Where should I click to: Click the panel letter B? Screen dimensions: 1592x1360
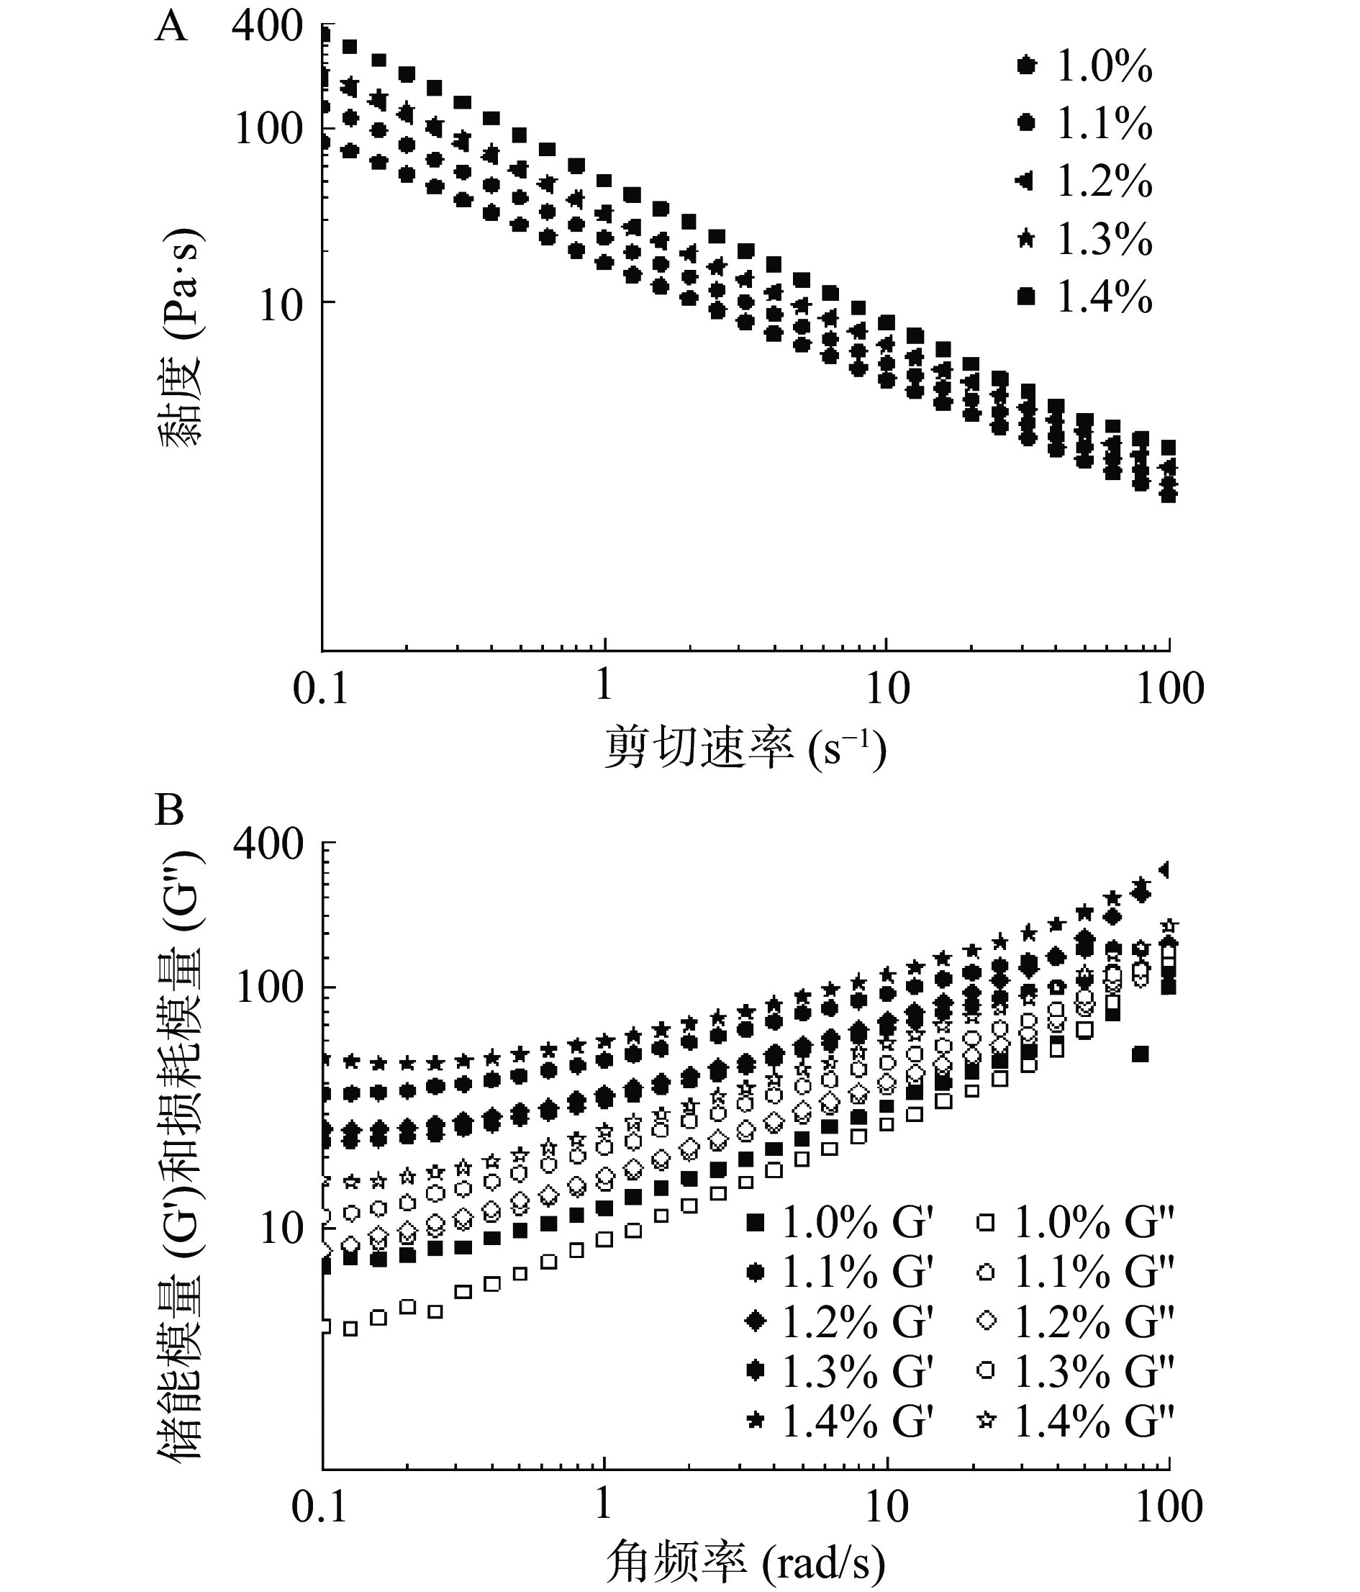pos(169,810)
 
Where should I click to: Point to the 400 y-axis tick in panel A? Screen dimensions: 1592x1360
pos(268,27)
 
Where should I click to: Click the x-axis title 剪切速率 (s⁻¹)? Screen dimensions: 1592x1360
pos(745,748)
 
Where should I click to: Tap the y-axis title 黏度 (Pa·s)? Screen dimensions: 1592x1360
pos(181,338)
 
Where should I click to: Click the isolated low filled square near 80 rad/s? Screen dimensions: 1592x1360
pos(1141,1054)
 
